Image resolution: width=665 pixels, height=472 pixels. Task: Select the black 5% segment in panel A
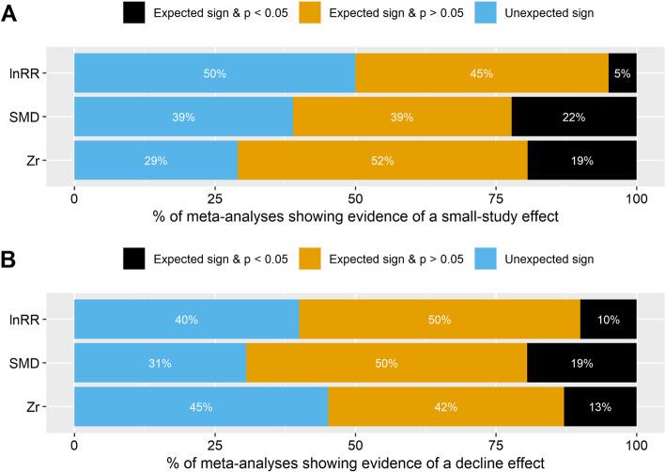[623, 72]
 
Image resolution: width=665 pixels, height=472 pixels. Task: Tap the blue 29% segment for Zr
[156, 161]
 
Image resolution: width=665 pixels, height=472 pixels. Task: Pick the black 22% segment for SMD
[574, 117]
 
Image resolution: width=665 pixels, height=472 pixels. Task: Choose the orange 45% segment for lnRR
[482, 72]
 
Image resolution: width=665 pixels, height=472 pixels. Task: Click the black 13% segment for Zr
[600, 407]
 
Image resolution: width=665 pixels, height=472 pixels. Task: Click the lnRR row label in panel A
[48, 72]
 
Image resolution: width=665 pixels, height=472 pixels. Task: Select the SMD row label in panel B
[47, 365]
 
